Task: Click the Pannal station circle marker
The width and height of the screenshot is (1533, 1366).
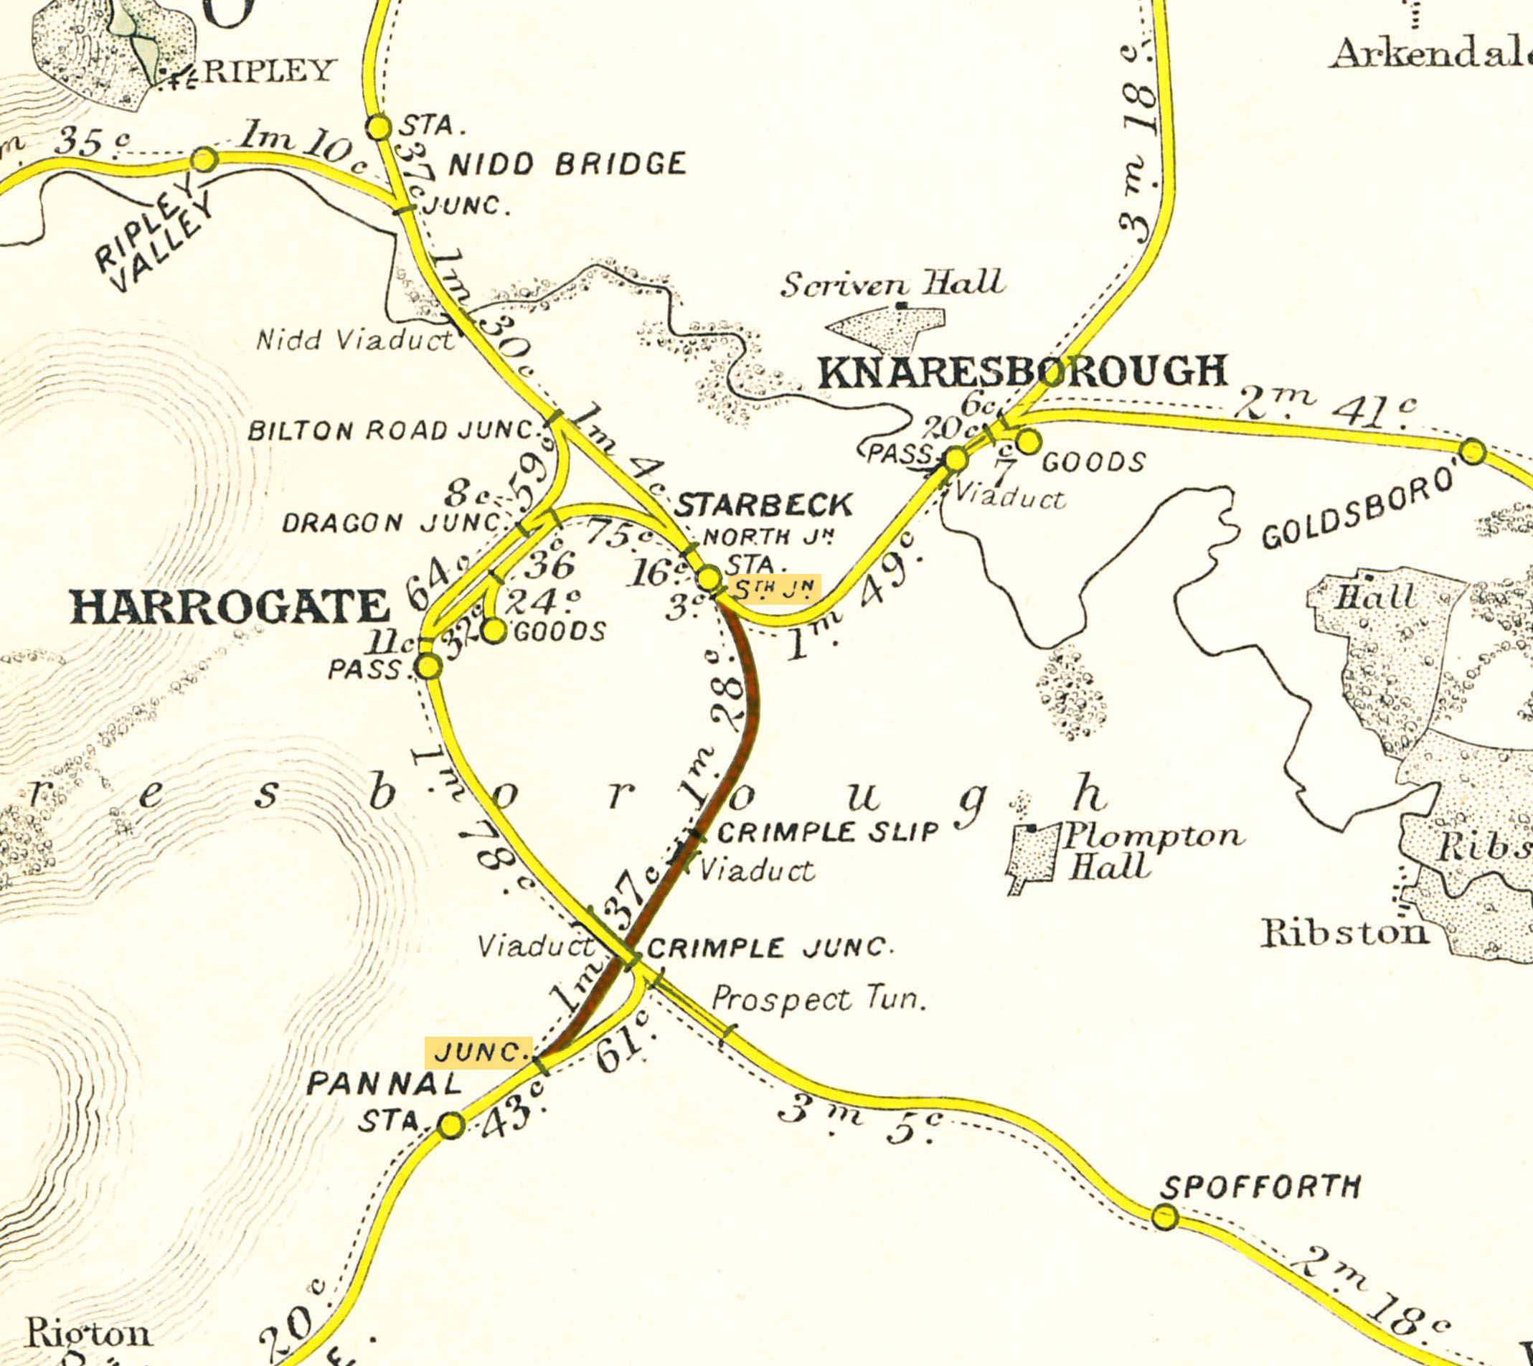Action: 451,1125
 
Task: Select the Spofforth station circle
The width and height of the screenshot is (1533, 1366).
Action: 1164,1216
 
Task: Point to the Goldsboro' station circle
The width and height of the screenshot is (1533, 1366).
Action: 1473,452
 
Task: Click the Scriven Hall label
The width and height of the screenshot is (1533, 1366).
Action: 892,283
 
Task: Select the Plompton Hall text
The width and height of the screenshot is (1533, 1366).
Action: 1152,850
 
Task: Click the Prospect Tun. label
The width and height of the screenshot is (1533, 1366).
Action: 819,999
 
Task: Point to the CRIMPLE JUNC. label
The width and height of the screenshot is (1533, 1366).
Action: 769,948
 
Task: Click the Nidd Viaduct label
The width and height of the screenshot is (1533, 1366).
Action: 355,340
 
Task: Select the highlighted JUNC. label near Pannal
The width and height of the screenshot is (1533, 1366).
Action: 478,1052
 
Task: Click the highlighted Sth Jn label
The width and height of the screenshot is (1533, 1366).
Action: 773,590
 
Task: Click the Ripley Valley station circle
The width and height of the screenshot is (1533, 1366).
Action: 204,160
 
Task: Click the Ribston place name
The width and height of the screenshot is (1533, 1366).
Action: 1344,933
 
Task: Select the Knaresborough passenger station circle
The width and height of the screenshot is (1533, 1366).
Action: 956,458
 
